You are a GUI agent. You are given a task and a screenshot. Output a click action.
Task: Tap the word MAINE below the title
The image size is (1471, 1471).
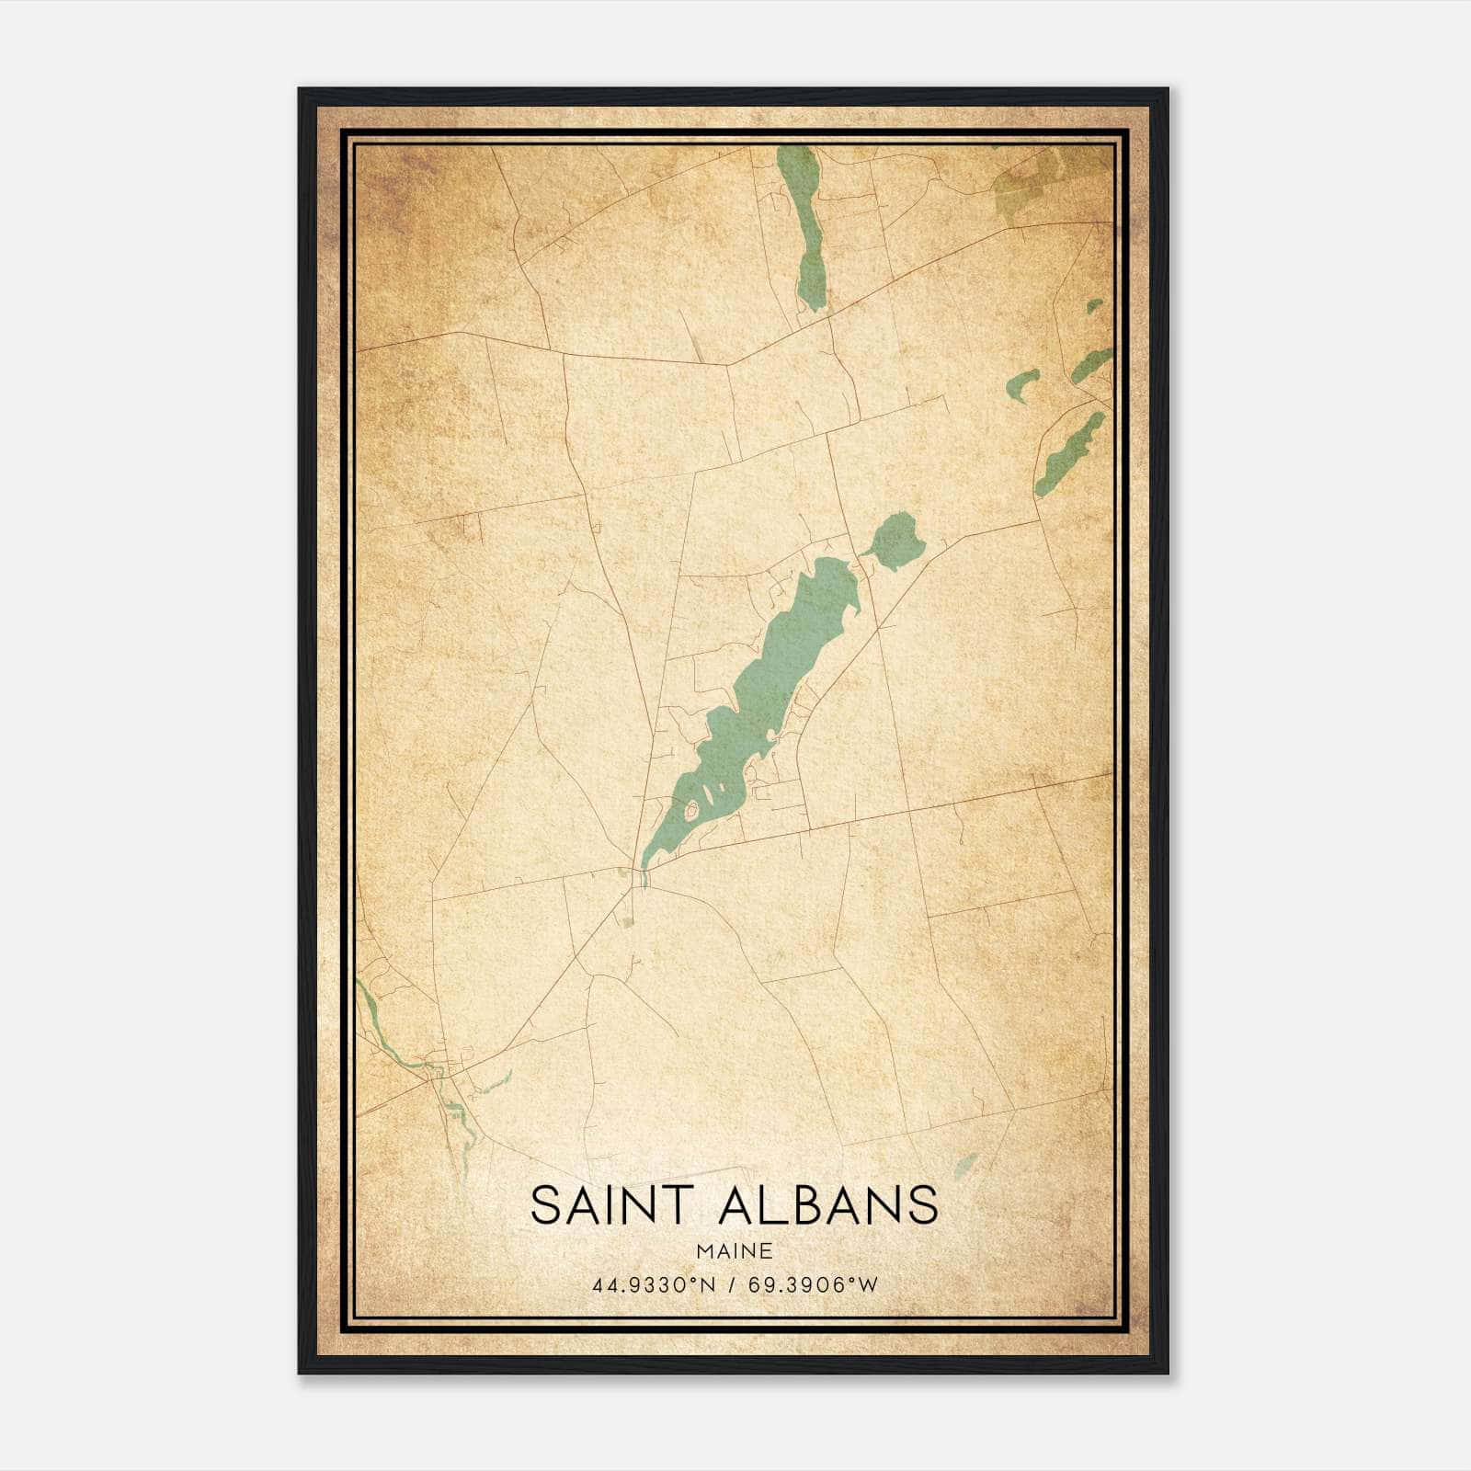point(734,1250)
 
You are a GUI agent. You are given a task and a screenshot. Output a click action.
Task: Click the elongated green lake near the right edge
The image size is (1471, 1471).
point(1066,455)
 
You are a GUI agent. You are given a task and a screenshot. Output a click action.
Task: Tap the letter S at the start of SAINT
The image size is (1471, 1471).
point(545,1205)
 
